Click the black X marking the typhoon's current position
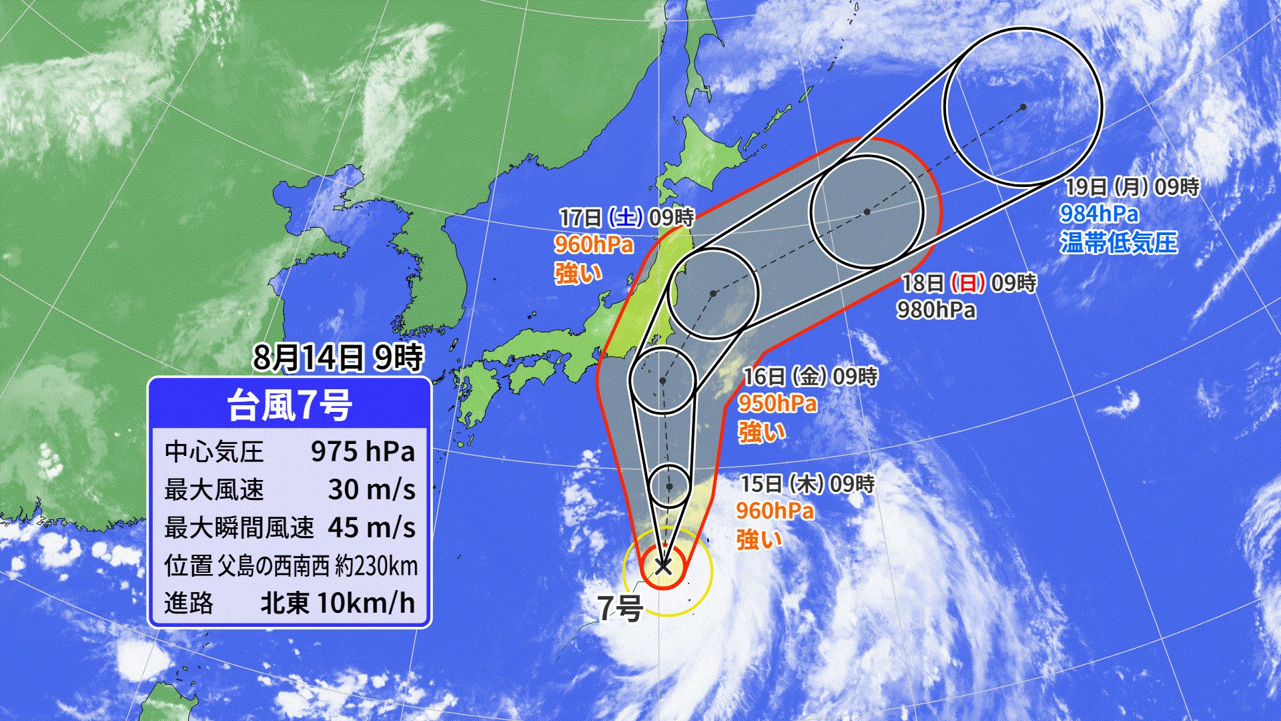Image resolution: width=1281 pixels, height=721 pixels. click(663, 566)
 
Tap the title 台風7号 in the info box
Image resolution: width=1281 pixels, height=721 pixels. click(289, 405)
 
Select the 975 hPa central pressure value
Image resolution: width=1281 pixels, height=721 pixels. click(363, 452)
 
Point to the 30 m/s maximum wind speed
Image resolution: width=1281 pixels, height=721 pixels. click(372, 490)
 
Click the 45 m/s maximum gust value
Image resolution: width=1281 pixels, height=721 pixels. click(372, 528)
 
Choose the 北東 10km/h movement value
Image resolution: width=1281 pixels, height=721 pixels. click(337, 603)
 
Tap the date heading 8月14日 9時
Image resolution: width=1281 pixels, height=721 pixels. click(338, 358)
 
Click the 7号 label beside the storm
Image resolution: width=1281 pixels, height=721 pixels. click(620, 608)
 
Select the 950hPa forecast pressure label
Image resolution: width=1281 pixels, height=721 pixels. click(777, 403)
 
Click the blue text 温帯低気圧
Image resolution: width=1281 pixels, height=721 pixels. click(1119, 242)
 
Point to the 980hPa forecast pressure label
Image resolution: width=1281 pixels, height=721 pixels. click(936, 310)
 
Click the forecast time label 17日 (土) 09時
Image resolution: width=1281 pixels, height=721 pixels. click(626, 217)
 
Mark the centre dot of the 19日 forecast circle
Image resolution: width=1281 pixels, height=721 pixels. click(1023, 107)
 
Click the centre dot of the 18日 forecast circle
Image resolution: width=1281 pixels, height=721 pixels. click(867, 212)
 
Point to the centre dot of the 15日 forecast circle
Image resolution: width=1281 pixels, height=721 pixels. click(669, 486)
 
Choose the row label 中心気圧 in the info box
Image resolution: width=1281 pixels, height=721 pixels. click(213, 452)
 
